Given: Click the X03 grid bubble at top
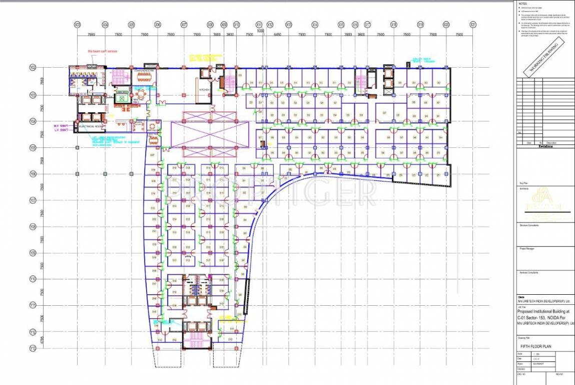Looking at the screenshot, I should (77, 24).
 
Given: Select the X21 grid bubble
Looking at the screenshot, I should (473, 24).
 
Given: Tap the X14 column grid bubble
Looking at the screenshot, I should (315, 24).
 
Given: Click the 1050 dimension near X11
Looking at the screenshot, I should (260, 31).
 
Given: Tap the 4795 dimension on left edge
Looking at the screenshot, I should (42, 341).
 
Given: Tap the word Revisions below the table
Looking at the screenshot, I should (545, 146).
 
